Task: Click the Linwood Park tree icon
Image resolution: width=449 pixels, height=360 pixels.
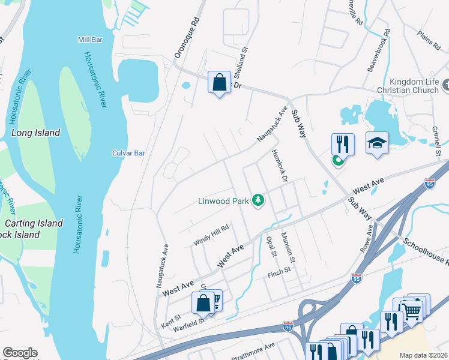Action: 259,200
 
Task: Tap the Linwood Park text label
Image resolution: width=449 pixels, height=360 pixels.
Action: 223,201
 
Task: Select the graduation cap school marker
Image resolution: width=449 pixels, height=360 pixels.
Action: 377,143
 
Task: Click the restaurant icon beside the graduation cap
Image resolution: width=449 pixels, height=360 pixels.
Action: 343,145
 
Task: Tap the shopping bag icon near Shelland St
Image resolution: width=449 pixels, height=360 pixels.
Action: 220,82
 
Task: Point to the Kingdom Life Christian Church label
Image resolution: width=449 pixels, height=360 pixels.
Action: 407,86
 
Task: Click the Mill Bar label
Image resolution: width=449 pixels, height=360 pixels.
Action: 91,40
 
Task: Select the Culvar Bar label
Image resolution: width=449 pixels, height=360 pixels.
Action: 128,153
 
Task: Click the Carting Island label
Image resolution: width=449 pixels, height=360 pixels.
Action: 34,223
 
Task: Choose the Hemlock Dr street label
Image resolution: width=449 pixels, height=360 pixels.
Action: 279,166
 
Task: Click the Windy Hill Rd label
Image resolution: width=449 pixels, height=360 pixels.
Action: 211,235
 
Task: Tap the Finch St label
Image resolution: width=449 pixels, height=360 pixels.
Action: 279,274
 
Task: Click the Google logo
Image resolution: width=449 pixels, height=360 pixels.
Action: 20,353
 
